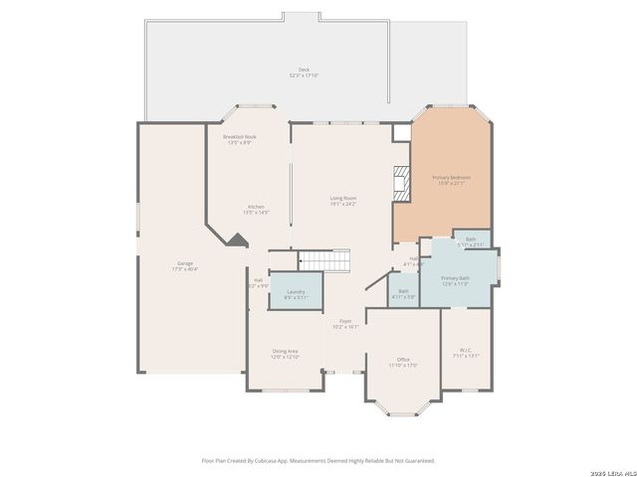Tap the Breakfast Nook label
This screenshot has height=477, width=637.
(239, 139)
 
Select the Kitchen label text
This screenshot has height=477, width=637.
(256, 210)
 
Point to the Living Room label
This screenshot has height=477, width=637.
(343, 200)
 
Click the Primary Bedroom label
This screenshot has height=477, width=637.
(451, 180)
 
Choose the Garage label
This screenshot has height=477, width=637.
(185, 265)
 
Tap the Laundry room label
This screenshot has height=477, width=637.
(296, 293)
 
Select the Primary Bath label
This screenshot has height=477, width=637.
(455, 280)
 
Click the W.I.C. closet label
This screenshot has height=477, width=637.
(466, 352)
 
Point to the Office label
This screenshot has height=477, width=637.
(403, 362)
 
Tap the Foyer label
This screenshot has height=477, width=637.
(345, 323)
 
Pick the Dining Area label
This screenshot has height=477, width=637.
(286, 353)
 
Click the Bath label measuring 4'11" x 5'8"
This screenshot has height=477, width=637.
(403, 293)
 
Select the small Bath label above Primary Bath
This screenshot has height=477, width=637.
(470, 240)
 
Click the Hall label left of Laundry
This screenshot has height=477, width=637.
(258, 282)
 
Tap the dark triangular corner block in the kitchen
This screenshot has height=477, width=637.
(236, 239)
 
